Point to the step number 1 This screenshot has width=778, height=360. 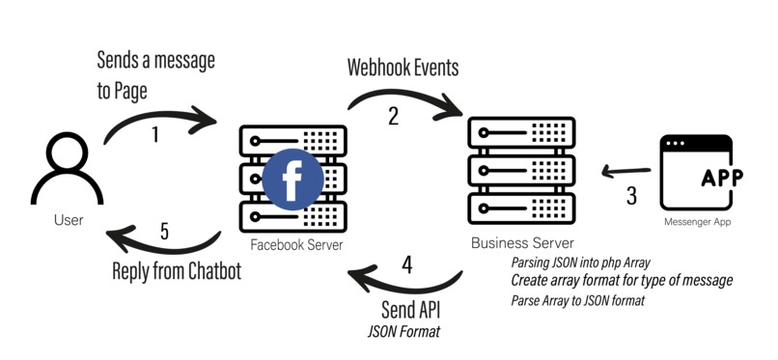(x=156, y=135)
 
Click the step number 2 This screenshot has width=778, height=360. (x=393, y=116)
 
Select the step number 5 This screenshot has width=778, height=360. (x=164, y=232)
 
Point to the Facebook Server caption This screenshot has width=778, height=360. (x=296, y=245)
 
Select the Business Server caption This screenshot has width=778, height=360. (x=521, y=242)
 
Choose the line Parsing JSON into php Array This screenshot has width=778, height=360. (x=582, y=263)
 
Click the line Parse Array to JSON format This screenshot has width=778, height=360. (x=580, y=300)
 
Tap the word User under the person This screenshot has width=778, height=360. (x=68, y=220)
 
